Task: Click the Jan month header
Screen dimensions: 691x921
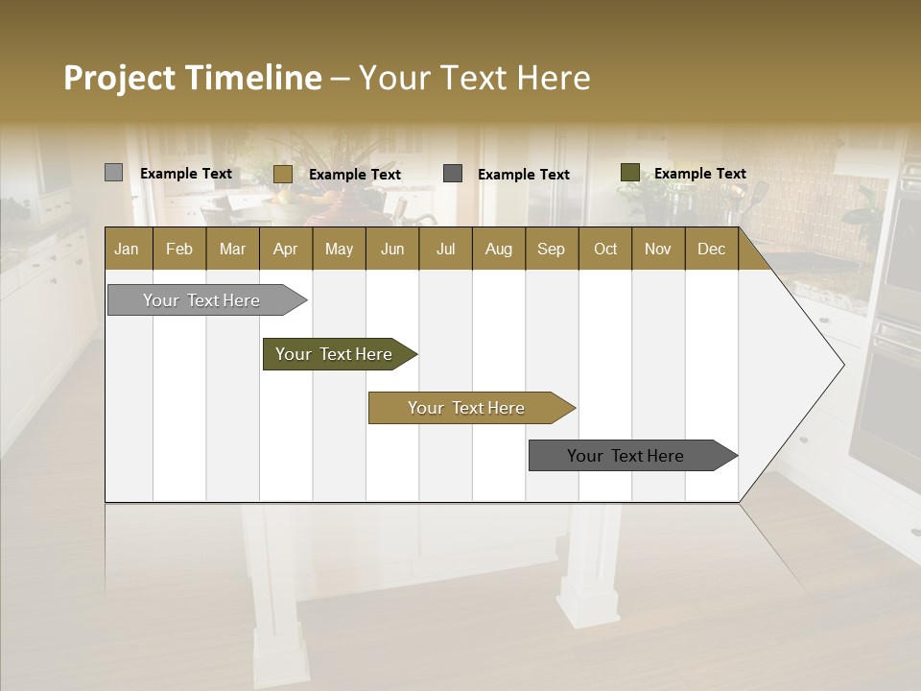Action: pos(127,249)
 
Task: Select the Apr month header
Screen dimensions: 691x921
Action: pos(285,249)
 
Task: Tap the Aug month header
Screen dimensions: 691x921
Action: pos(498,249)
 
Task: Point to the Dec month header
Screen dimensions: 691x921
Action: pos(711,249)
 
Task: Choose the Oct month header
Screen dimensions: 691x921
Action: pos(604,249)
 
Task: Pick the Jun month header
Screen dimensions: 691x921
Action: pos(391,249)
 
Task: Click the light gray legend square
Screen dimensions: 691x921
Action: pos(113,173)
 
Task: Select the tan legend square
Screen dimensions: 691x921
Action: pos(282,174)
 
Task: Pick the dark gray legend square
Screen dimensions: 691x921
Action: pos(453,174)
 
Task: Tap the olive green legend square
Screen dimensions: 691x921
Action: pos(629,173)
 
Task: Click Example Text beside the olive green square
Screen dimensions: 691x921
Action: pos(699,174)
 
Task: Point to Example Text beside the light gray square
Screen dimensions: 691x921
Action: pos(185,174)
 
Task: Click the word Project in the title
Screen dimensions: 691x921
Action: pos(119,78)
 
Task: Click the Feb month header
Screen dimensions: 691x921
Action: pos(179,249)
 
